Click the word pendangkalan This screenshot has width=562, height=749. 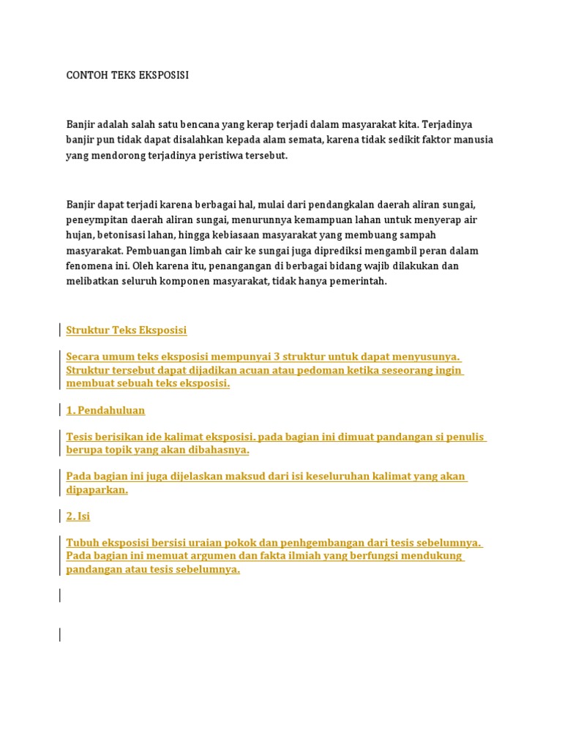point(340,204)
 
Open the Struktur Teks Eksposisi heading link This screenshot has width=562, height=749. point(127,330)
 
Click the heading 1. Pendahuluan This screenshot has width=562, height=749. point(105,410)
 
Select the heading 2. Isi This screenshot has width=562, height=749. point(78,516)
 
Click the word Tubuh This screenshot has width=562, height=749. point(82,543)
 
